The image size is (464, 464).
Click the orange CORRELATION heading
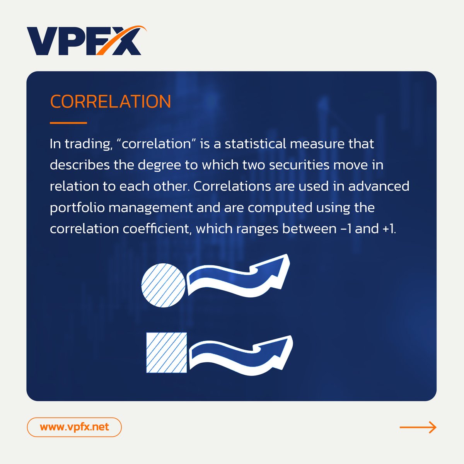click(x=110, y=102)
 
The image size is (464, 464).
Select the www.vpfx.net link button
click(x=74, y=427)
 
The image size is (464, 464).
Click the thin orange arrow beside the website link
click(x=418, y=427)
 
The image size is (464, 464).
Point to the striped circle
click(x=164, y=285)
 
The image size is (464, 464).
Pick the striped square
click(x=167, y=353)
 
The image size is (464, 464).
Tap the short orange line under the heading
click(x=68, y=123)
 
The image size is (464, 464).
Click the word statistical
click(x=255, y=144)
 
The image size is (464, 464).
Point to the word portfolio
click(x=77, y=208)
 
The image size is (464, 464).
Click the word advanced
click(x=379, y=186)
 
